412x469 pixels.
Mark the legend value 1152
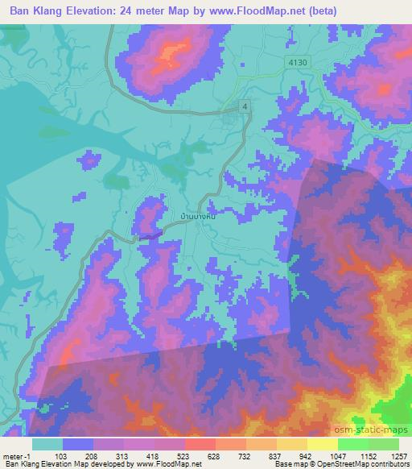click(367, 455)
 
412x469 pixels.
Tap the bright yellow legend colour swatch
click(322, 444)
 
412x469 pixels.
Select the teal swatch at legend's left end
click(47, 444)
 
